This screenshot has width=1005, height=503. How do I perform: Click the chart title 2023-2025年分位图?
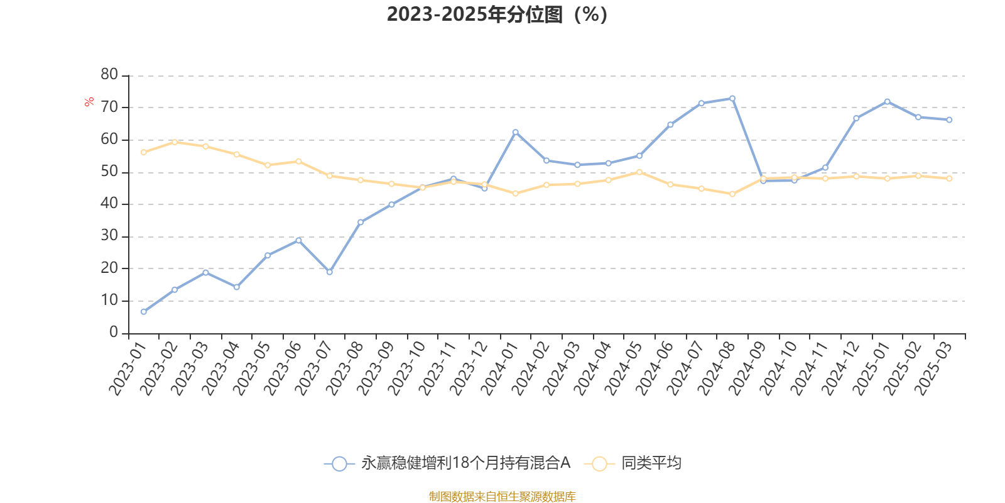(x=497, y=14)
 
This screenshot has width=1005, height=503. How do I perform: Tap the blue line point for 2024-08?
(x=732, y=98)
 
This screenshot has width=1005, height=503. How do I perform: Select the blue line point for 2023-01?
(x=144, y=312)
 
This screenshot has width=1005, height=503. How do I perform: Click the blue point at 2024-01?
(x=516, y=132)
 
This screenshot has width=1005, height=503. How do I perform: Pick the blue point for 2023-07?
(x=330, y=272)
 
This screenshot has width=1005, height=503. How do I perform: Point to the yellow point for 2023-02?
(x=175, y=142)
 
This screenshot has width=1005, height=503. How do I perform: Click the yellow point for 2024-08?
(x=732, y=194)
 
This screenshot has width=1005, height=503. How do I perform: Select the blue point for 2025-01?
(x=888, y=101)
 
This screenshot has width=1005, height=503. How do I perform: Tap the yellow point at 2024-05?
(x=639, y=172)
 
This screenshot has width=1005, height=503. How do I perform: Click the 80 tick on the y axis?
(x=109, y=75)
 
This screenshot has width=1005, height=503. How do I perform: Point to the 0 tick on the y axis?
(x=114, y=333)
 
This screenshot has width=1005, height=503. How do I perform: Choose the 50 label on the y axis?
(x=109, y=172)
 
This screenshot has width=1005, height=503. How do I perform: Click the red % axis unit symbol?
(x=90, y=101)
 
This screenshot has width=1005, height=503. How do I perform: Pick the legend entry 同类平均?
(x=651, y=463)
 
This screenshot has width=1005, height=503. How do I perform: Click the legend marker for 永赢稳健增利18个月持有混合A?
(x=339, y=464)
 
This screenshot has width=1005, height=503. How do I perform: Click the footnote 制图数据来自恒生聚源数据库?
(x=502, y=497)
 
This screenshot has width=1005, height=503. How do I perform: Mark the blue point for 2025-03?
(x=949, y=119)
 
